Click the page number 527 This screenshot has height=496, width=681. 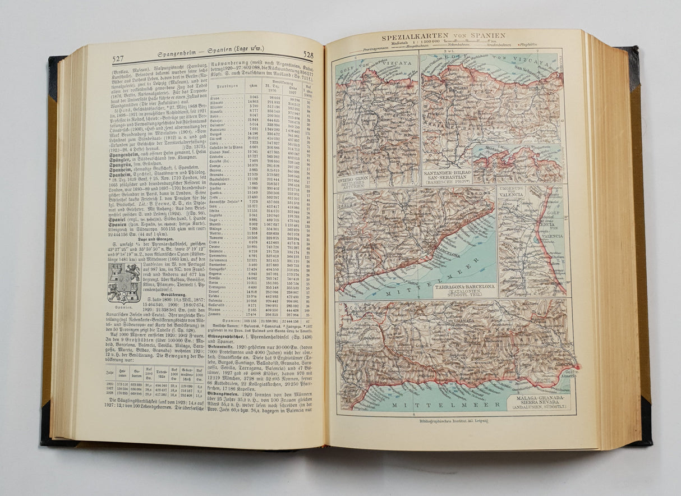click(118, 58)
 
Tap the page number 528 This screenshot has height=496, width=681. click(308, 55)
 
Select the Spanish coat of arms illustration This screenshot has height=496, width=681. click(123, 283)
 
